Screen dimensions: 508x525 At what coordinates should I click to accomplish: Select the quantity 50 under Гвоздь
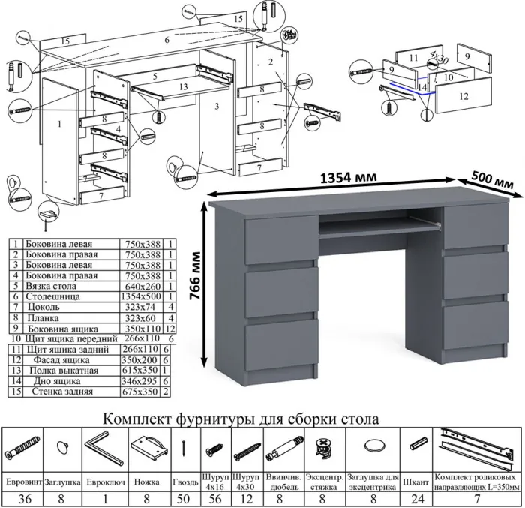pyautogui.click(x=184, y=500)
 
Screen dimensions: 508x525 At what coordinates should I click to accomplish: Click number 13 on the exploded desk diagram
pyautogui.click(x=184, y=86)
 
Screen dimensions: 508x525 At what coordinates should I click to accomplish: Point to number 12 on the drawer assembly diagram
pyautogui.click(x=463, y=95)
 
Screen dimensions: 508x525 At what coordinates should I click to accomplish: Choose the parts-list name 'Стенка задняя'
pyautogui.click(x=61, y=392)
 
